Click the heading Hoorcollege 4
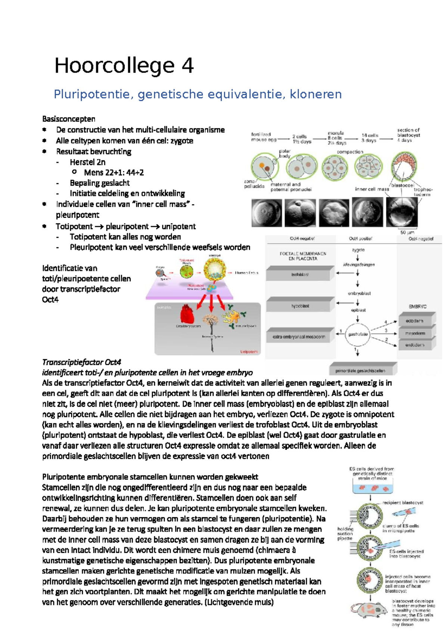(124, 66)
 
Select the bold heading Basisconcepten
(69, 119)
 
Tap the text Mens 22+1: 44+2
(113, 172)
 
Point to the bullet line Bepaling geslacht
(100, 183)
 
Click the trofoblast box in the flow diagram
(300, 274)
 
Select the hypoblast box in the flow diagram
(300, 306)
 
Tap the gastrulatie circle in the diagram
(358, 334)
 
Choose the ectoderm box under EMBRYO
(414, 321)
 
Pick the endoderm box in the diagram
(414, 345)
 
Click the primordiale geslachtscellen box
(360, 371)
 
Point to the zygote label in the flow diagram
(358, 250)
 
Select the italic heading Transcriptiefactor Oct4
(81, 362)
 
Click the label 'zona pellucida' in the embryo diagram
(254, 184)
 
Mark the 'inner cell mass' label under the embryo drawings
(372, 189)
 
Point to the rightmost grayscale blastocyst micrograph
(402, 212)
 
